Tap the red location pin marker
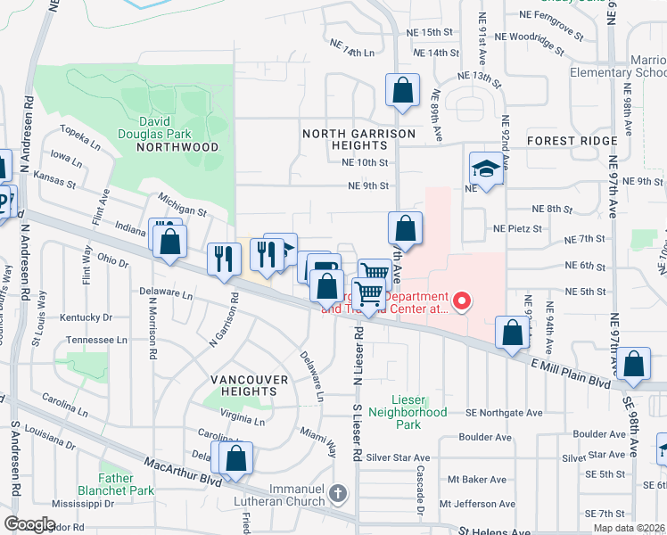click(x=461, y=301)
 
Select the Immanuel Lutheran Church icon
click(x=337, y=493)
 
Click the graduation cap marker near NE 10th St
click(x=487, y=169)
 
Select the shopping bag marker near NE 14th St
click(x=402, y=90)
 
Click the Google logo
click(x=29, y=524)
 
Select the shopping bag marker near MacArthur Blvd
click(x=236, y=459)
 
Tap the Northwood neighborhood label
click(x=178, y=147)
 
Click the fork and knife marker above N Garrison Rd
click(x=224, y=259)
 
